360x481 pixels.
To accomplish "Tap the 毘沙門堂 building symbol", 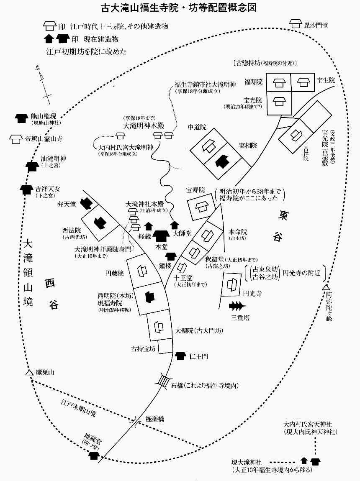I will tap(296, 24).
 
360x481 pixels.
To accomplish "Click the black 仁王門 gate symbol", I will tap(180, 356).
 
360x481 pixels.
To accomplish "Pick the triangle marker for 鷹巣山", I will tap(28, 372).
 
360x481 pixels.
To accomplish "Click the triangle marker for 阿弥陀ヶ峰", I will tap(326, 287).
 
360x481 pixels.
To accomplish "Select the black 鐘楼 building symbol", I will tap(171, 256).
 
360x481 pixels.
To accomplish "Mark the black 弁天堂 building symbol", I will tap(86, 203).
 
